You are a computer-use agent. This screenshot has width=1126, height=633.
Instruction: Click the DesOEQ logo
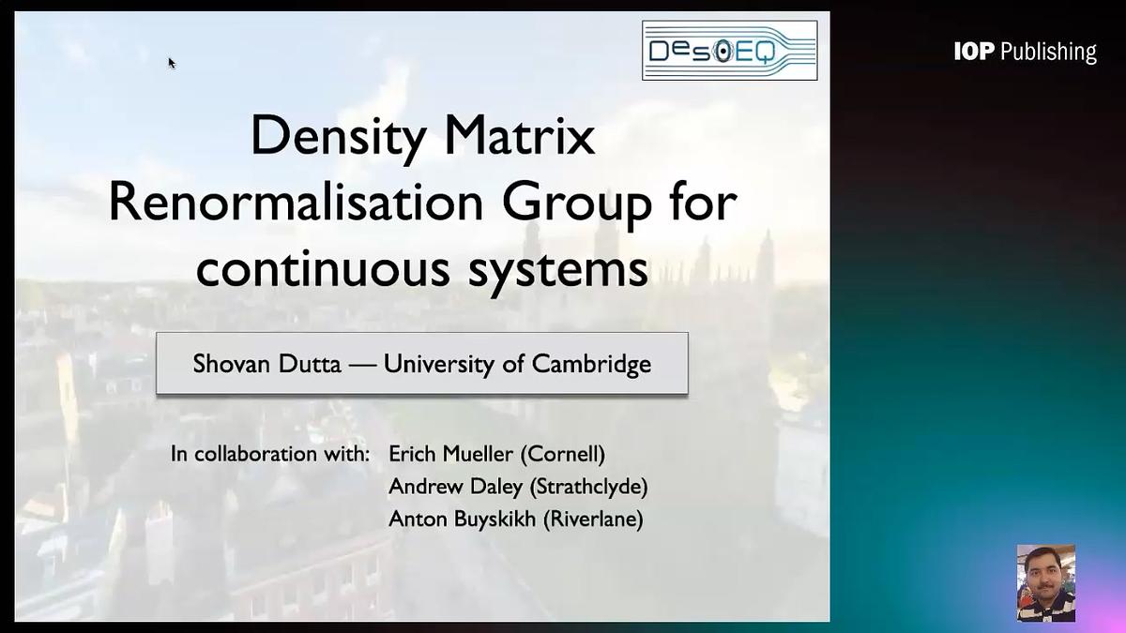729,51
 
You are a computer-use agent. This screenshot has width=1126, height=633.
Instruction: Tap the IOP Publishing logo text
1025,52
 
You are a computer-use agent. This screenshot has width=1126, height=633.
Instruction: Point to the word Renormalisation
299,203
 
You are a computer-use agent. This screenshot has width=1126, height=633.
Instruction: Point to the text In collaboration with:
270,455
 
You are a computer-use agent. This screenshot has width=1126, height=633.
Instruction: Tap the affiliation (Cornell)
562,455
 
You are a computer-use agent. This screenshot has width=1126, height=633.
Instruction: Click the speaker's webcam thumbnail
1045,582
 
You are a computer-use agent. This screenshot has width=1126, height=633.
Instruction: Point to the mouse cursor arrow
172,63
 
